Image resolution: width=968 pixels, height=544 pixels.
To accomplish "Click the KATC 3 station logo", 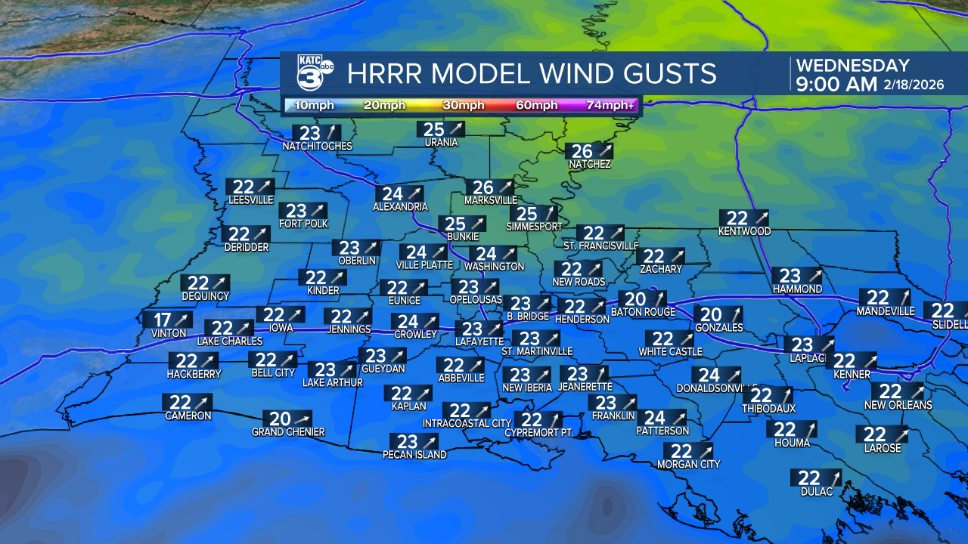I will [x=315, y=73].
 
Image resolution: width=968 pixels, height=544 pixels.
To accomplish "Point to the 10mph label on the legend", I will [x=312, y=105].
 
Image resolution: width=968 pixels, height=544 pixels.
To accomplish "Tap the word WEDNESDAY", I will [x=852, y=66].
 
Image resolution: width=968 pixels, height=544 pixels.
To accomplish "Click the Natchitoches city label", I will [x=317, y=146].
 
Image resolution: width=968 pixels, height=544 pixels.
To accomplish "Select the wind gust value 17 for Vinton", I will [x=163, y=320].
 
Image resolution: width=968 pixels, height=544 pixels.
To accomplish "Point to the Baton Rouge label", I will [x=643, y=312].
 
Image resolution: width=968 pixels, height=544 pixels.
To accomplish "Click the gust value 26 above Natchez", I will [x=582, y=151].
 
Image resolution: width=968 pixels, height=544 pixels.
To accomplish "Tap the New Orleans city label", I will [x=898, y=405].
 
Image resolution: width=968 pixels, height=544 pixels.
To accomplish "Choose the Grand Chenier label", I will [x=288, y=432].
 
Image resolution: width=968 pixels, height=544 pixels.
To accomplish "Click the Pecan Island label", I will [x=414, y=455].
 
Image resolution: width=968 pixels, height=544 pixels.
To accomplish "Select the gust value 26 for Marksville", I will [x=482, y=188].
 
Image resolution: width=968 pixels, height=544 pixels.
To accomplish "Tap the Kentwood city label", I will [x=744, y=231].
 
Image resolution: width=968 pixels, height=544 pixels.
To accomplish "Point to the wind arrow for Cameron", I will [x=201, y=403].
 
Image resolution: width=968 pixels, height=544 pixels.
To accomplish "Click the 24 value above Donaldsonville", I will [x=709, y=376].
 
